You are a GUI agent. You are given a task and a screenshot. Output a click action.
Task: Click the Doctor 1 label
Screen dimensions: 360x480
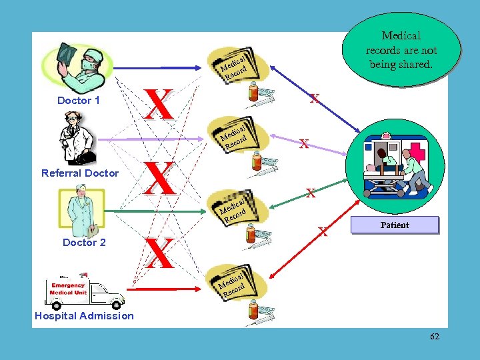pos(79,101)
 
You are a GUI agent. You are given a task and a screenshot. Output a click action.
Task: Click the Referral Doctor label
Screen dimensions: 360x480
pos(80,173)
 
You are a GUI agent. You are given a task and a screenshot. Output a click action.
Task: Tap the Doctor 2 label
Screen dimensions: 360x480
pos(84,243)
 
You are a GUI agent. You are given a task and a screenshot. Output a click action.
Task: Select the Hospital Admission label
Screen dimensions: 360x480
pos(84,316)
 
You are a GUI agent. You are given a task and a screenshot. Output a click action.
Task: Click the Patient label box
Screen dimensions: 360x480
pos(395,225)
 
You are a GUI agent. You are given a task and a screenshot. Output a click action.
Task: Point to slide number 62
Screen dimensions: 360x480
pos(435,337)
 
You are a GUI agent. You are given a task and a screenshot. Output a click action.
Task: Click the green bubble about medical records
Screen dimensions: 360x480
pos(401,50)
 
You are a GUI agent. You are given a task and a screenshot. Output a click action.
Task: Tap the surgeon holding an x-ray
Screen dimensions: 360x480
pos(77,63)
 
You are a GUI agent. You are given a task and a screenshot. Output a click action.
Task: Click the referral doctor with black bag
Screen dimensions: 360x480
pos(75,139)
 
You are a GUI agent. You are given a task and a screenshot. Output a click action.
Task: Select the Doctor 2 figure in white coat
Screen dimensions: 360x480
pos(80,212)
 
